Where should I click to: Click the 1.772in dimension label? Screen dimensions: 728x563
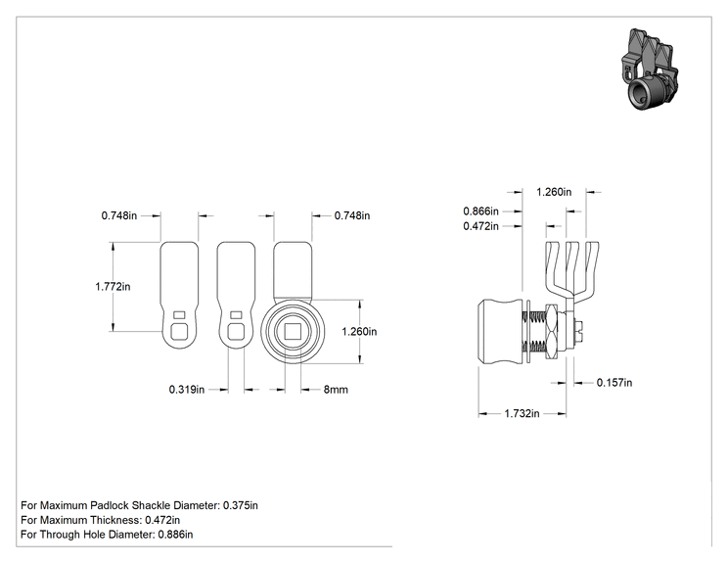pyautogui.click(x=113, y=287)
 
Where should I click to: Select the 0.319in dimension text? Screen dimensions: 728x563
pyautogui.click(x=187, y=390)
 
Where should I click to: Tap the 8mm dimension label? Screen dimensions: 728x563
pyautogui.click(x=336, y=390)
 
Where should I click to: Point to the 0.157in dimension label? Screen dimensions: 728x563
pyautogui.click(x=614, y=382)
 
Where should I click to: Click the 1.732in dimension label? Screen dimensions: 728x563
pyautogui.click(x=522, y=413)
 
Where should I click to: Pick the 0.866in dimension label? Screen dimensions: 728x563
pyautogui.click(x=481, y=211)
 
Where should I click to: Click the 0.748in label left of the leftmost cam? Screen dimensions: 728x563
pyautogui.click(x=119, y=215)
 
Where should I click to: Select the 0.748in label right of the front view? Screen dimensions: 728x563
pyautogui.click(x=352, y=215)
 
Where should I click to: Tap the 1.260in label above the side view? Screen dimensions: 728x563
pyautogui.click(x=554, y=192)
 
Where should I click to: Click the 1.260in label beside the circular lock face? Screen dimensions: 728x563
pyautogui.click(x=359, y=331)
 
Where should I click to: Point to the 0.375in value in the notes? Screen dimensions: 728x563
pyautogui.click(x=241, y=505)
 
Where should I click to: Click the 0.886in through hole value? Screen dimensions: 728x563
pyautogui.click(x=175, y=535)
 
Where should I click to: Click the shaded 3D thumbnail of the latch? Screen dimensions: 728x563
pyautogui.click(x=649, y=70)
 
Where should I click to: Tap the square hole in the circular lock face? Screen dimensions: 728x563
pyautogui.click(x=293, y=332)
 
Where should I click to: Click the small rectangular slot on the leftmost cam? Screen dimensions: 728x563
pyautogui.click(x=179, y=314)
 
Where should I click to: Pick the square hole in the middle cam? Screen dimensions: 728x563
pyautogui.click(x=236, y=332)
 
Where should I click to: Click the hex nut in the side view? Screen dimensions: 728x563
pyautogui.click(x=553, y=331)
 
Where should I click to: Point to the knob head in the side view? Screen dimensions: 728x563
pyautogui.click(x=502, y=332)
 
